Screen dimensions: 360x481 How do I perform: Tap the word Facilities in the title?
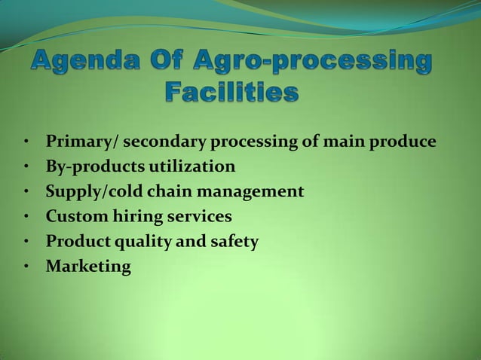pos(231,94)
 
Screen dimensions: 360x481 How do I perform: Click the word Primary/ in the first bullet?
pos(81,142)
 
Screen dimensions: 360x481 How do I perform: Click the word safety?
pos(233,243)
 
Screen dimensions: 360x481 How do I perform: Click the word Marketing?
pos(88,267)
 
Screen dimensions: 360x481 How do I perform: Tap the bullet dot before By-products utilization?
pos(26,167)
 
